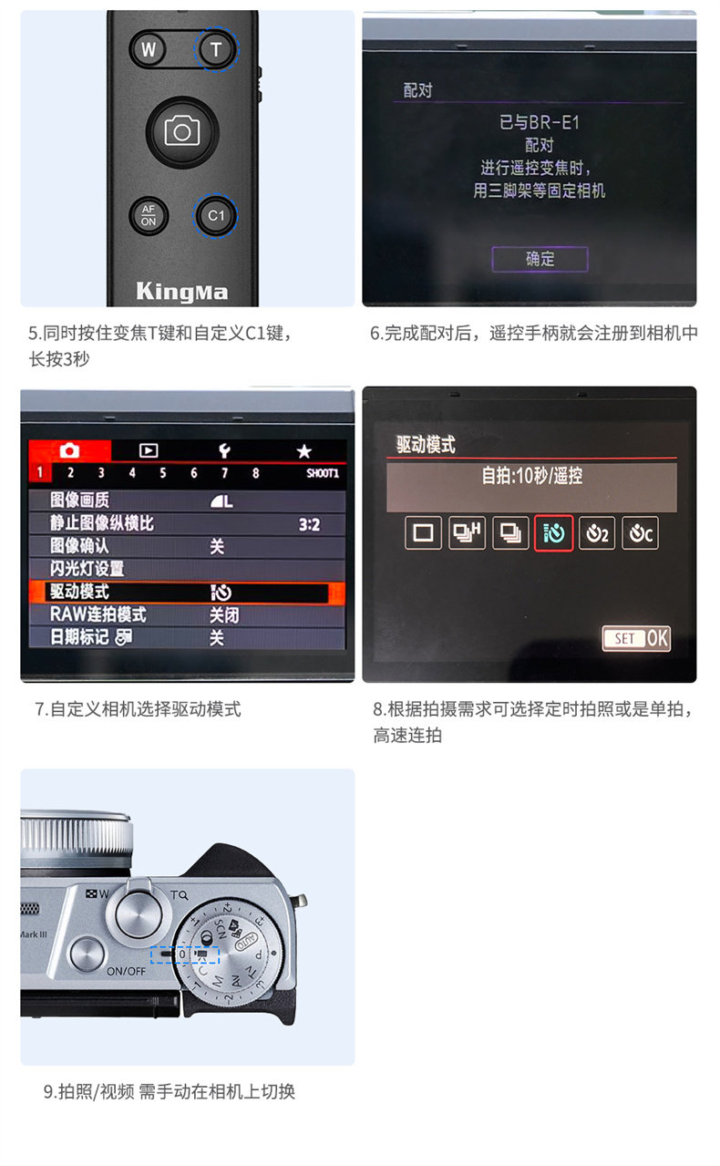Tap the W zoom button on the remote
coord(149,49)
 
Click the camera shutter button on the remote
coord(182,131)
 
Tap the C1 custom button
coord(216,215)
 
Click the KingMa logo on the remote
coord(182,292)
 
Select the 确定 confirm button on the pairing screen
coord(540,259)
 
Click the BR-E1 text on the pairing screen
coord(554,123)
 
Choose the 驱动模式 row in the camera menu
coord(187,592)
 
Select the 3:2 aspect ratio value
coord(309,524)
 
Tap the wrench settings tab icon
coord(224,450)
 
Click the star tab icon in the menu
coord(303,451)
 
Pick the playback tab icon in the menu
coord(149,450)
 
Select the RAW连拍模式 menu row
coord(187,614)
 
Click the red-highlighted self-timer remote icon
coord(553,533)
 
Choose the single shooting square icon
coord(423,533)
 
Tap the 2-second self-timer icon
coord(597,533)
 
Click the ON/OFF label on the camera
coord(126,971)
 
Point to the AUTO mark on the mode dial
coord(246,941)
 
